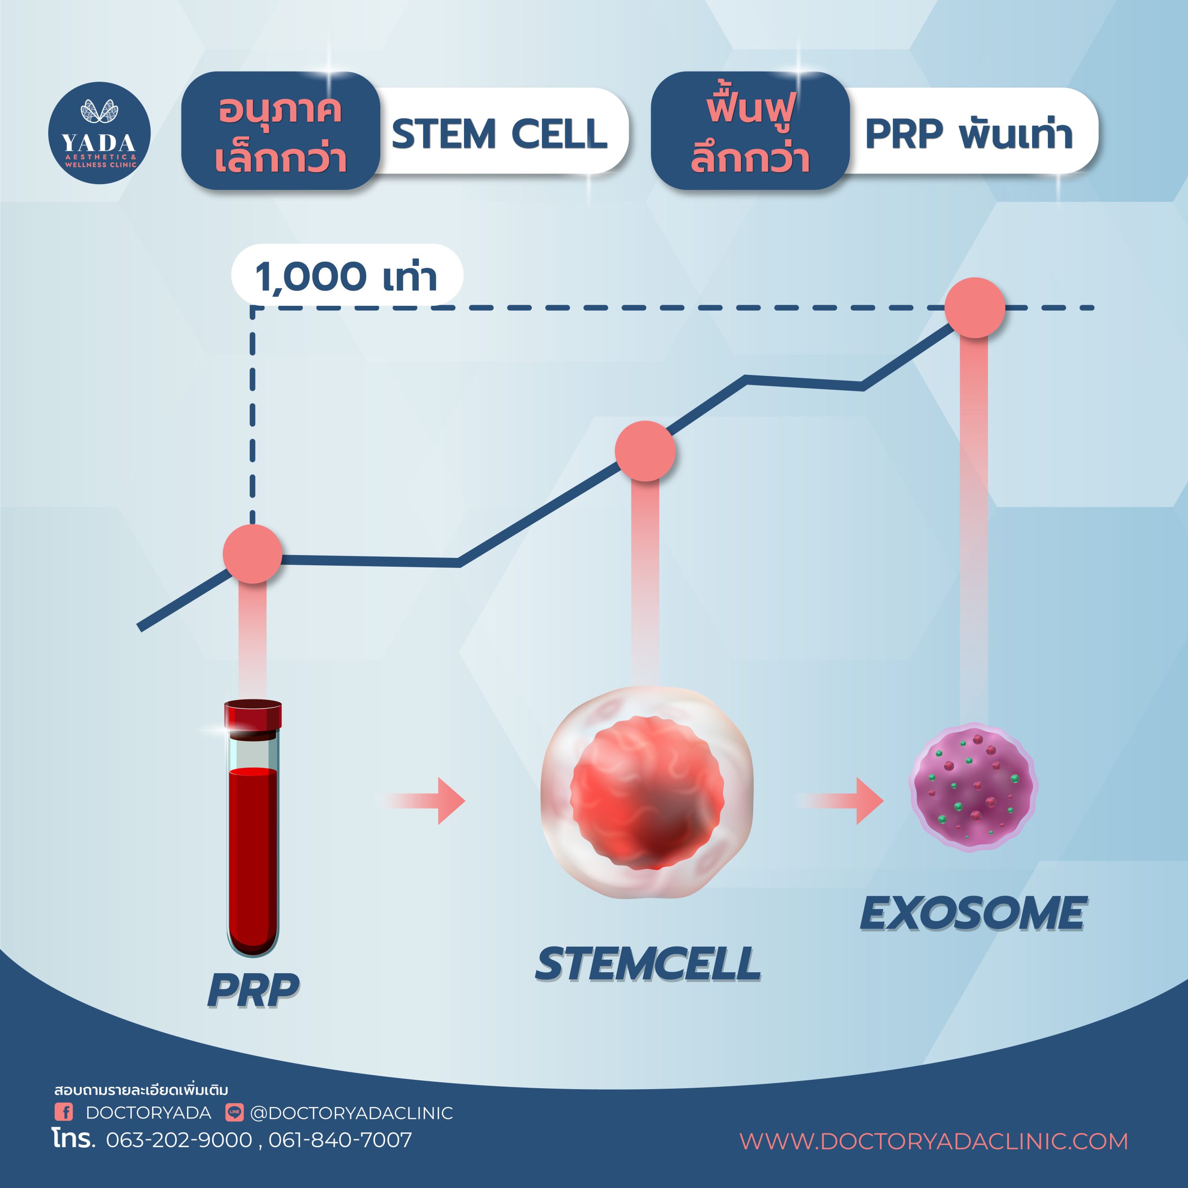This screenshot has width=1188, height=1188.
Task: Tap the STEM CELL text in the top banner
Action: [x=499, y=134]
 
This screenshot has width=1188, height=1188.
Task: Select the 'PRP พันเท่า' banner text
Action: [x=968, y=134]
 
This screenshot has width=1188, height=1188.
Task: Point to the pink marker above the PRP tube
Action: [x=252, y=554]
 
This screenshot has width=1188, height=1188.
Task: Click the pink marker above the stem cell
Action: [x=645, y=451]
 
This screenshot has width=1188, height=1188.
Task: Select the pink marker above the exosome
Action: [x=975, y=308]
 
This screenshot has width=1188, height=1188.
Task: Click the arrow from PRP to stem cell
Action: [x=424, y=801]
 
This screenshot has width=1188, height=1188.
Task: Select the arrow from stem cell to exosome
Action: [x=840, y=801]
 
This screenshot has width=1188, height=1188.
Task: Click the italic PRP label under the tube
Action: [x=253, y=989]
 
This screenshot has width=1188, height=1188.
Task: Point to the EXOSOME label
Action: [x=973, y=913]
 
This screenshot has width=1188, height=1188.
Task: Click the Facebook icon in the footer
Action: [x=64, y=1112]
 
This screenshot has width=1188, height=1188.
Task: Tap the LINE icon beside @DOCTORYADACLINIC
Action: [x=234, y=1112]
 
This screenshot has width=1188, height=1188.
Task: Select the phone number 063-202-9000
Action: [x=179, y=1140]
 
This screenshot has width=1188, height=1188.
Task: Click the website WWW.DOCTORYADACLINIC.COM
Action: [x=933, y=1141]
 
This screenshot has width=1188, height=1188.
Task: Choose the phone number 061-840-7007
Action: [x=340, y=1140]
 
